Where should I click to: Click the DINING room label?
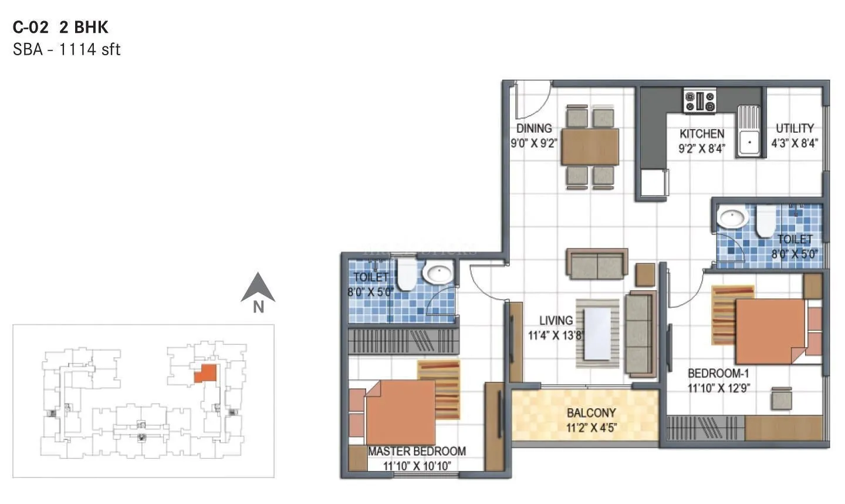click(x=533, y=128)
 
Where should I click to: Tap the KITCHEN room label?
click(x=702, y=134)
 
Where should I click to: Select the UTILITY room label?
click(x=795, y=128)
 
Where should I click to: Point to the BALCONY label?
click(x=591, y=413)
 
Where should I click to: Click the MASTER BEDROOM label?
click(x=417, y=451)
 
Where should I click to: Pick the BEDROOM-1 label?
click(x=718, y=373)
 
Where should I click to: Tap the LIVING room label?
click(x=556, y=320)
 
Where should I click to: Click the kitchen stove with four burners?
click(x=699, y=100)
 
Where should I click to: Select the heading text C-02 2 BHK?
click(x=60, y=27)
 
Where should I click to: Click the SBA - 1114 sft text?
click(x=66, y=49)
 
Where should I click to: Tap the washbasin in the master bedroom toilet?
click(x=438, y=273)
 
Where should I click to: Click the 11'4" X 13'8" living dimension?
click(x=556, y=336)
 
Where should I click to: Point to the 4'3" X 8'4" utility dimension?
click(x=795, y=143)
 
